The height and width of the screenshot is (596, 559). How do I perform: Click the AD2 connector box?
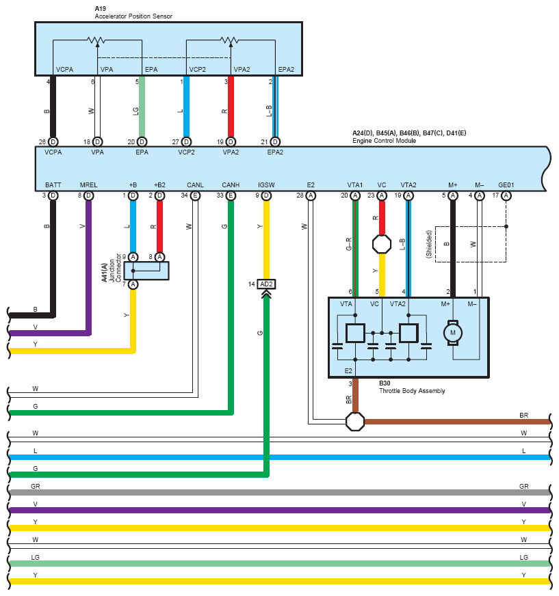tap(266, 284)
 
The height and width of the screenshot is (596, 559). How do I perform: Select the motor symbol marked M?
tap(451, 333)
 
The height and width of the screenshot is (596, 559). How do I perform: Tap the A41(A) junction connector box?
tap(146, 270)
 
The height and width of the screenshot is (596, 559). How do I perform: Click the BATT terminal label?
tap(53, 185)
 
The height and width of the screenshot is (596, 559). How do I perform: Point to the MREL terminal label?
tap(88, 185)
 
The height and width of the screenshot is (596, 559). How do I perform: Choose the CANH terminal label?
tap(231, 185)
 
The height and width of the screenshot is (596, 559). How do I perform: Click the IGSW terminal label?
tap(266, 185)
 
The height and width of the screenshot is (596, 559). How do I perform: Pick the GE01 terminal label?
tap(506, 185)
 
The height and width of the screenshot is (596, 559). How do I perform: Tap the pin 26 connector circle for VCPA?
tap(53, 141)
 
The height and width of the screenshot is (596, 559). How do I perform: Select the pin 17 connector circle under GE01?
tap(506, 195)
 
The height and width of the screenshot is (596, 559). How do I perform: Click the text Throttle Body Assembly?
tap(412, 391)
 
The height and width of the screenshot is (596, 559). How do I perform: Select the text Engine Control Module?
tap(384, 140)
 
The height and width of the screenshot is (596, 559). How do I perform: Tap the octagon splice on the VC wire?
tap(381, 244)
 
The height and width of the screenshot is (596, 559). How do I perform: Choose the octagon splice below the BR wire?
tap(355, 421)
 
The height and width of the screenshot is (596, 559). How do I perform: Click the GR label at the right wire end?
tap(523, 486)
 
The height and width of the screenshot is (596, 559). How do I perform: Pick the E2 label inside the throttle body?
tap(348, 370)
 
